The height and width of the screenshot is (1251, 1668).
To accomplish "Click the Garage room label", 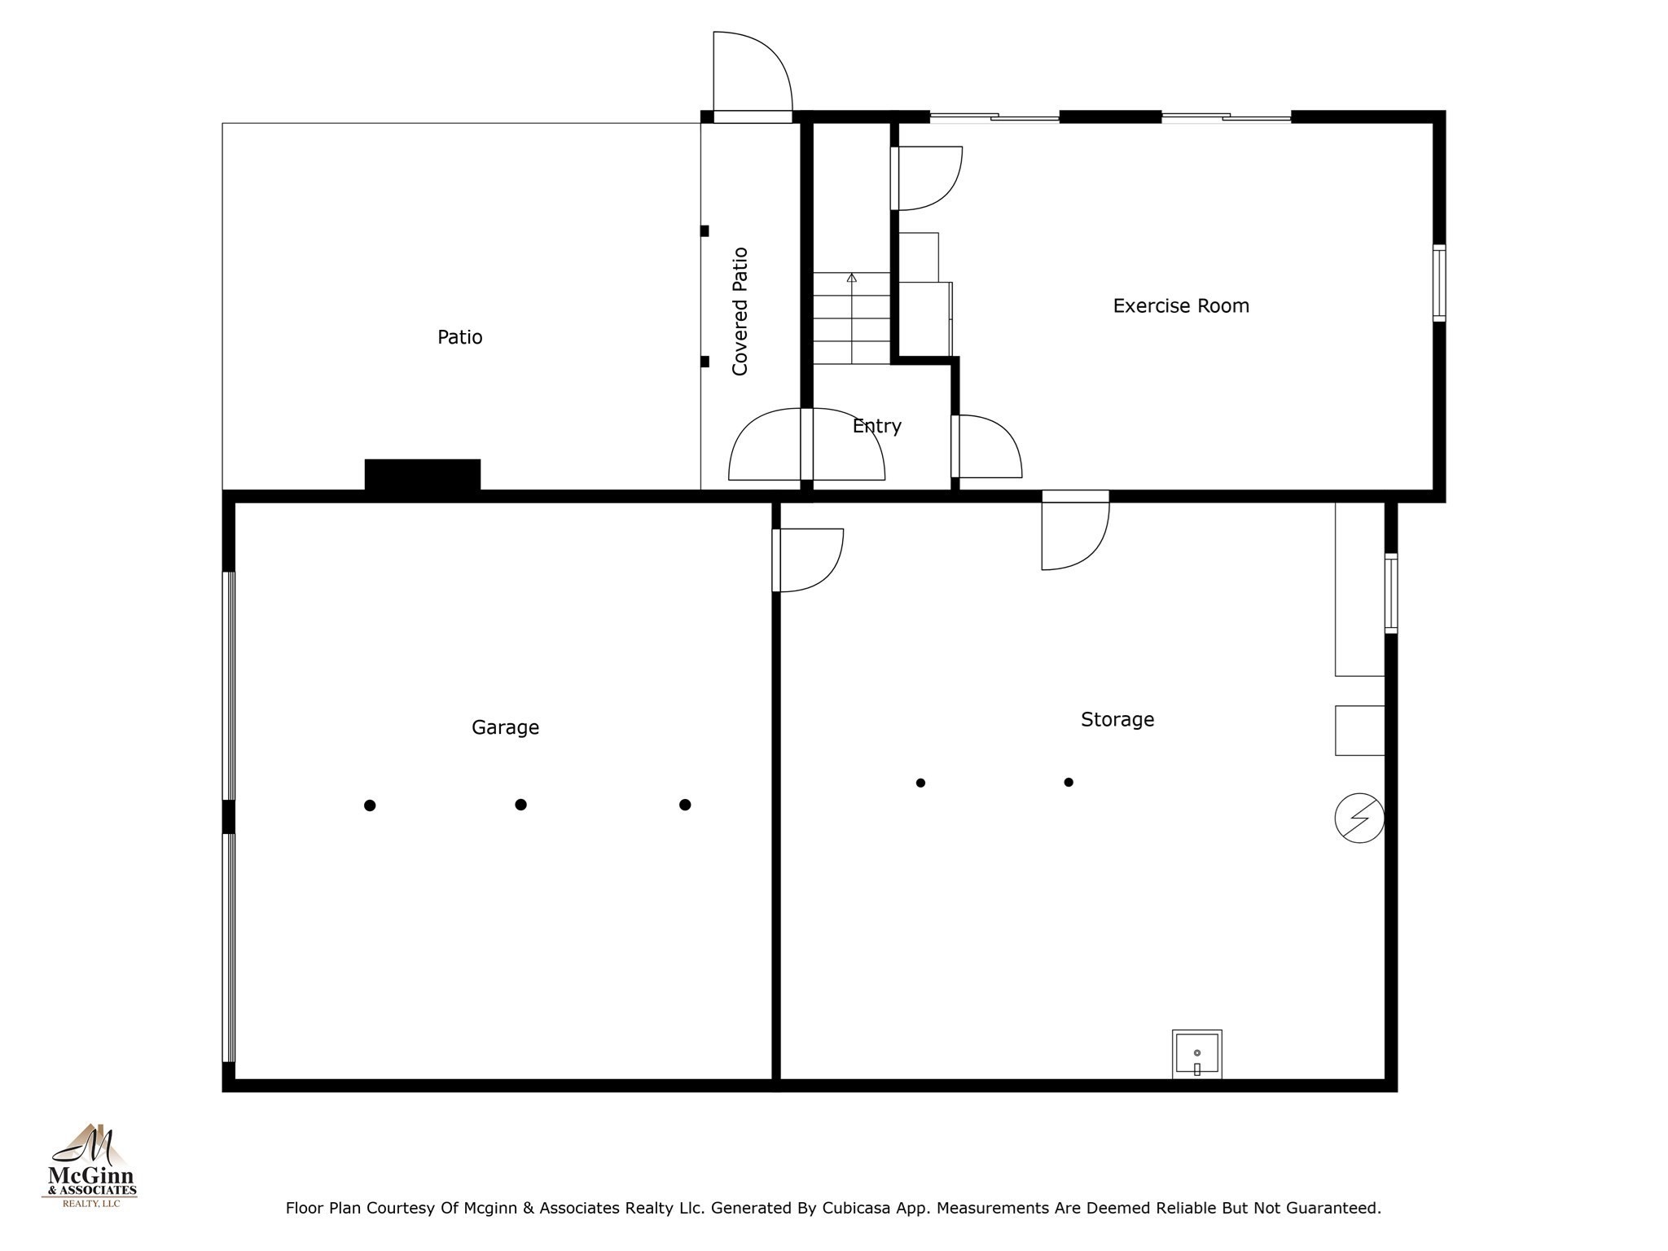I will (505, 727).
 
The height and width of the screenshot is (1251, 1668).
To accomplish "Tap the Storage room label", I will (1117, 719).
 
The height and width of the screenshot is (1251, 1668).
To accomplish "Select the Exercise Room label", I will (1180, 306).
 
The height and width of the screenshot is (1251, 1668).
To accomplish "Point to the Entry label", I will (876, 426).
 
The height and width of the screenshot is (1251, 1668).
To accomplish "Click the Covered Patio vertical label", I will (740, 311).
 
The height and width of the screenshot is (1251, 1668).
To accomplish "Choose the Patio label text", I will (459, 337).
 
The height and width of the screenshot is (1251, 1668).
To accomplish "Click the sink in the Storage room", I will (1196, 1054).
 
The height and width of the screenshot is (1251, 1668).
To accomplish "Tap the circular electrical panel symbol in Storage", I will (1359, 818).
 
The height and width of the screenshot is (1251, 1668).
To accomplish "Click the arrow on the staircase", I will (852, 279).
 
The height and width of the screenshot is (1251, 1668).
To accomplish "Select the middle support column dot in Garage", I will (521, 805).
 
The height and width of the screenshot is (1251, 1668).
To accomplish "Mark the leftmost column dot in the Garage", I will (370, 805).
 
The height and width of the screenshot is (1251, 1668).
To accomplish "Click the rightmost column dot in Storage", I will (1069, 782).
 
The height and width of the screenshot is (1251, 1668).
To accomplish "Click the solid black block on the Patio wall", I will (422, 475).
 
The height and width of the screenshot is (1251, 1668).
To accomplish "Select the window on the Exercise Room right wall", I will (1439, 283).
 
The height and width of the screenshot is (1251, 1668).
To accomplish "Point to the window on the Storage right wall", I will (1391, 593).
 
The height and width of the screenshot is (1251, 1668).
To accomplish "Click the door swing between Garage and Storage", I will (808, 560).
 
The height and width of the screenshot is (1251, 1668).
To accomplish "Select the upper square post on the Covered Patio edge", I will (705, 231).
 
